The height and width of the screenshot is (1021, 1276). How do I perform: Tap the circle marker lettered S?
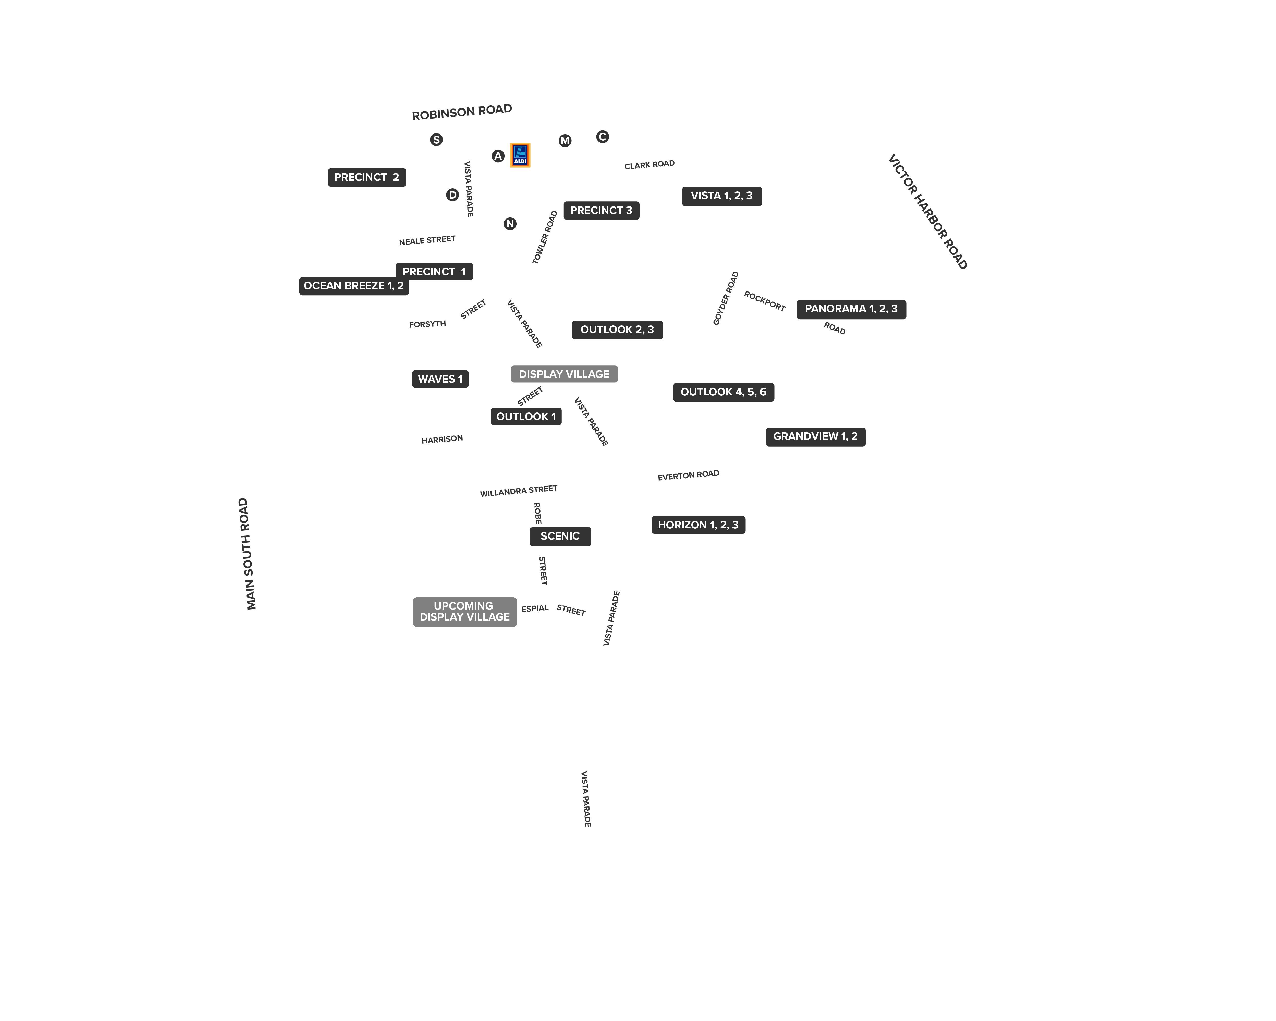point(436,140)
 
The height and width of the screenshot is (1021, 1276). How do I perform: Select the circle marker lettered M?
point(565,140)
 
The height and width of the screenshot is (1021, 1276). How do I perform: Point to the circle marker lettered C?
point(603,137)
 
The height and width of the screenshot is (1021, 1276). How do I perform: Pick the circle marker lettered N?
point(510,224)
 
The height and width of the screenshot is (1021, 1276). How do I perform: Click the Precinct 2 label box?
point(367,177)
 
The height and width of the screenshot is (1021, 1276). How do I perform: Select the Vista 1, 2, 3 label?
point(722,196)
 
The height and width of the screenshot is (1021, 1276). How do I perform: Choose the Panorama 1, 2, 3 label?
point(851,309)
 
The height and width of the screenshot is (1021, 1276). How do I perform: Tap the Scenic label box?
point(560,536)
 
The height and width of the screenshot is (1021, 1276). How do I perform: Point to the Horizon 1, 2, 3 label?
point(698,525)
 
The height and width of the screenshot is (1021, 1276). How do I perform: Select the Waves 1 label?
point(440,379)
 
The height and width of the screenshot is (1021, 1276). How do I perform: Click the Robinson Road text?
point(462,112)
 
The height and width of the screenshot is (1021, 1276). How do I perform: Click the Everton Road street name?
point(688,475)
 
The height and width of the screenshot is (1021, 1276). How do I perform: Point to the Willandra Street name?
point(519,491)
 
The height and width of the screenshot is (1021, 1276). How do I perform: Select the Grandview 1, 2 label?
point(816,437)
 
